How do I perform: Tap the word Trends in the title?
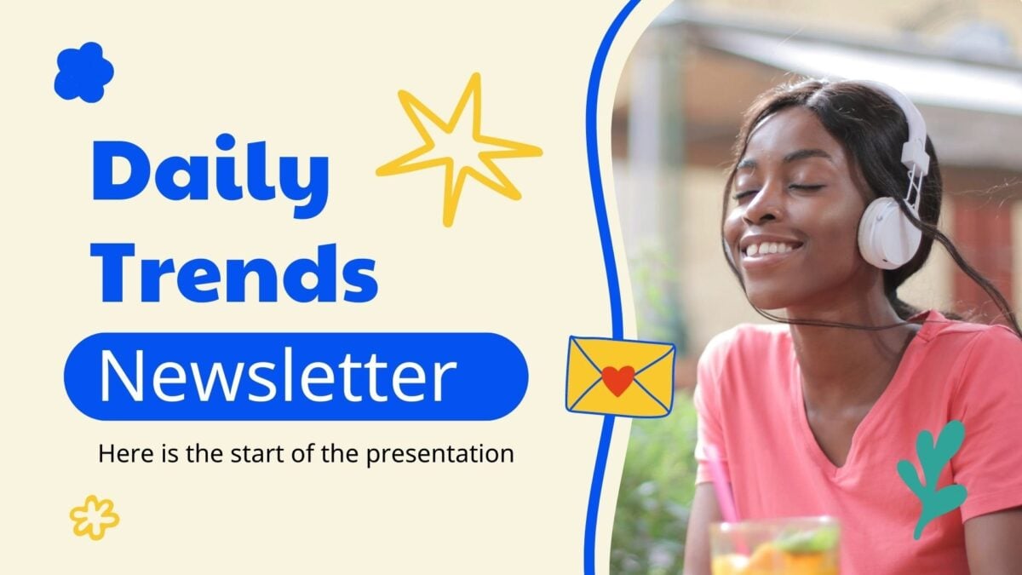tap(234, 273)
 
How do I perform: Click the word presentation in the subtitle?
tap(440, 455)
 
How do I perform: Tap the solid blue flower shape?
tap(84, 72)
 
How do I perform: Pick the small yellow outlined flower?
tap(95, 518)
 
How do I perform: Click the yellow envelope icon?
tap(620, 377)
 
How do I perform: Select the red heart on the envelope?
tap(618, 380)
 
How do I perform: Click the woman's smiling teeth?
tap(775, 248)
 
